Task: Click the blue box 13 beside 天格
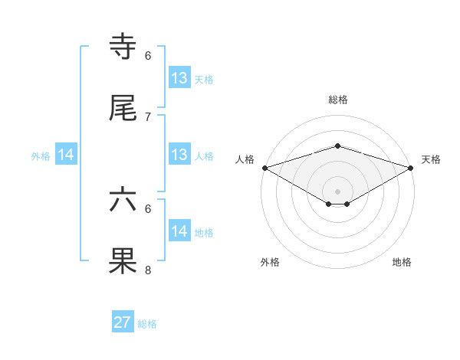click(179, 78)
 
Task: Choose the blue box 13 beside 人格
click(179, 155)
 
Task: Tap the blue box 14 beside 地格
click(179, 231)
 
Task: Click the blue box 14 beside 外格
click(67, 155)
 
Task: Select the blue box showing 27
click(123, 322)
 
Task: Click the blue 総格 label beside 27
click(147, 324)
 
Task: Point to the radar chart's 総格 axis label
click(337, 100)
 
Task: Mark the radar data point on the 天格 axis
click(412, 168)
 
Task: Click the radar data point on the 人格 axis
click(264, 168)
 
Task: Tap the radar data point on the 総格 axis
click(337, 146)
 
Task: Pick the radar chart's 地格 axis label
click(402, 262)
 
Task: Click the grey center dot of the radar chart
click(337, 191)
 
